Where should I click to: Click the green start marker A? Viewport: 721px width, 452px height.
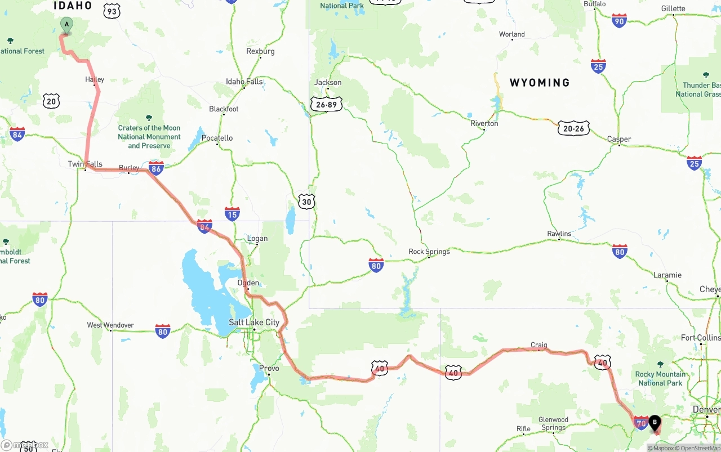66,25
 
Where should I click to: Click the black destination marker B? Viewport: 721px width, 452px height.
655,423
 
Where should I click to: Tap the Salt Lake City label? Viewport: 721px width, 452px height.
254,323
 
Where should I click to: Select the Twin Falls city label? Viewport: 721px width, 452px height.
85,164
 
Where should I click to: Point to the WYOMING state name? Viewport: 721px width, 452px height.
539,83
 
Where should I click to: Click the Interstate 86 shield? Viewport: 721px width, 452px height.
157,168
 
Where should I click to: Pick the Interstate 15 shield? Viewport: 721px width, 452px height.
232,213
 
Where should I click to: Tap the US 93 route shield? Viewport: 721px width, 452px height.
112,11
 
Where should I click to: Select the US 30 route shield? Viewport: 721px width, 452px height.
306,202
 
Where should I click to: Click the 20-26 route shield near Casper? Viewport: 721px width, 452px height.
573,128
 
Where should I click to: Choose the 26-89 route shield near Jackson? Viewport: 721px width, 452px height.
326,104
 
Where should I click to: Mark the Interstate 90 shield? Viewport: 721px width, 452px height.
619,21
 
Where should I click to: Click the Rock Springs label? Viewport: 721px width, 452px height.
429,252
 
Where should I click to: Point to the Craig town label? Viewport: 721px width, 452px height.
538,345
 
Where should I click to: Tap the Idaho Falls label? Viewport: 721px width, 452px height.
244,82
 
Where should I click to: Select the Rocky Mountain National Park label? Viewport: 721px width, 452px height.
661,378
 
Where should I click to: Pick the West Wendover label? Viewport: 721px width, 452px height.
110,325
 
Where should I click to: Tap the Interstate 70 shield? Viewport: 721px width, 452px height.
640,423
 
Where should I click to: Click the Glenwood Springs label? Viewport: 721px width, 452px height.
553,423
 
